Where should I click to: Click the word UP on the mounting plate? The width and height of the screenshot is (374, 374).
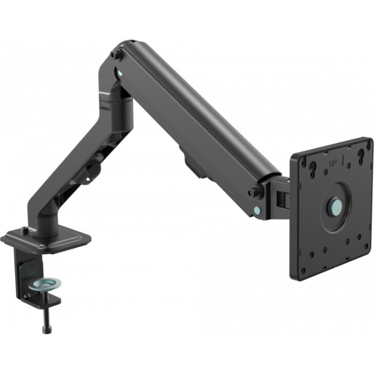pyautogui.click(x=332, y=165)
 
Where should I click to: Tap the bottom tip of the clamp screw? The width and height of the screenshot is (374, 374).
pyautogui.click(x=45, y=330)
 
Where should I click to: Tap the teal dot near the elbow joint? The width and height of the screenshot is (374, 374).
pyautogui.click(x=119, y=73)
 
